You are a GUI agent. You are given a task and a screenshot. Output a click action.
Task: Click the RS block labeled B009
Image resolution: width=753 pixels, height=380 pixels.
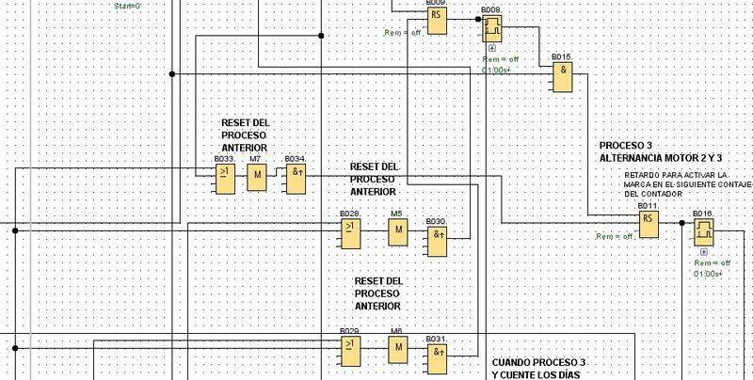pyautogui.click(x=437, y=23)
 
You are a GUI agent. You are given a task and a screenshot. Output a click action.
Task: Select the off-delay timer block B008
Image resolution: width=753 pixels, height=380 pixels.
pyautogui.click(x=493, y=30)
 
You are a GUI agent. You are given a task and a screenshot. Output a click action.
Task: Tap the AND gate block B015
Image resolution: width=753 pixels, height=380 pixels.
pyautogui.click(x=564, y=77)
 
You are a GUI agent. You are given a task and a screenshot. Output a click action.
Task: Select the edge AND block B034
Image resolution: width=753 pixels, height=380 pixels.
pyautogui.click(x=296, y=179)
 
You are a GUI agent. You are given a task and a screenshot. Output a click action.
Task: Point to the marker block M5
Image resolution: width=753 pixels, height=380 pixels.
pyautogui.click(x=398, y=230)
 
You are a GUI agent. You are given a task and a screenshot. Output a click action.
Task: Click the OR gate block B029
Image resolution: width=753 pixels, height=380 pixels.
pyautogui.click(x=350, y=351)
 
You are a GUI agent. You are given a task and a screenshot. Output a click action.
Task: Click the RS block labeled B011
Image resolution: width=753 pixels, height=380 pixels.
pyautogui.click(x=648, y=223)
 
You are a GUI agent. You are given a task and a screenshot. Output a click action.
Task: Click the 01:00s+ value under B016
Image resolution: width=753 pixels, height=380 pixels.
pyautogui.click(x=707, y=274)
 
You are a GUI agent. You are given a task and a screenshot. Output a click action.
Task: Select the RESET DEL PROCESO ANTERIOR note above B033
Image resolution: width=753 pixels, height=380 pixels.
pyautogui.click(x=244, y=135)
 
